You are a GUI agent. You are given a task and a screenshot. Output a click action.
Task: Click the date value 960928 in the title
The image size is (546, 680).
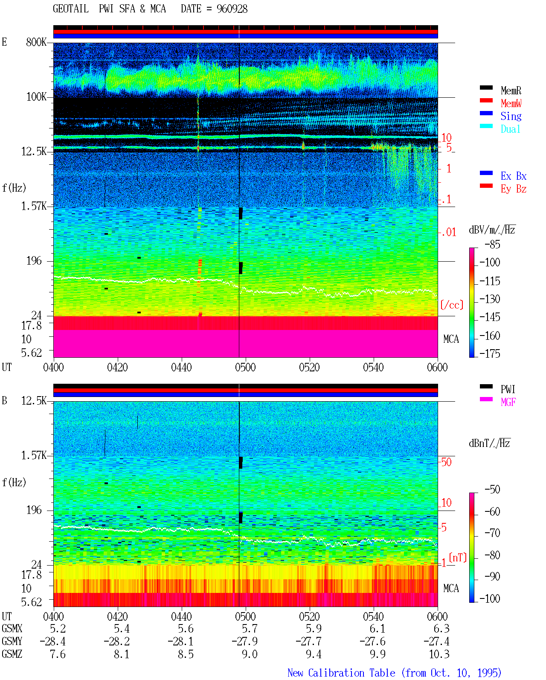pos(232,9)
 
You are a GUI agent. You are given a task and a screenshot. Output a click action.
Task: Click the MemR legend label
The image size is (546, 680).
pos(511,90)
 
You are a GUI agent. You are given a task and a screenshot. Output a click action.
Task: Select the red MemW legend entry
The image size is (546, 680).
pos(511,103)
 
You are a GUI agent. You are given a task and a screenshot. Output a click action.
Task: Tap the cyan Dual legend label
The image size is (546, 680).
pos(510,129)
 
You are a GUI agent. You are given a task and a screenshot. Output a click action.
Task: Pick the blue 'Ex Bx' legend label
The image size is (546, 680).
pos(513,176)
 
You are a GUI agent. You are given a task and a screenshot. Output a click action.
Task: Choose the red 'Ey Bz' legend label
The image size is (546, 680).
pos(513,189)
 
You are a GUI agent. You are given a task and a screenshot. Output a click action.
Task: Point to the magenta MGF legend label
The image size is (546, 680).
pos(508,402)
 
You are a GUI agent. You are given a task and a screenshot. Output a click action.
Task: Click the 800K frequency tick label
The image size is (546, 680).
pos(36,42)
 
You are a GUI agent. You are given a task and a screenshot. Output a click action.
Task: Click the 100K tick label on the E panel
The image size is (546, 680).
pos(36,97)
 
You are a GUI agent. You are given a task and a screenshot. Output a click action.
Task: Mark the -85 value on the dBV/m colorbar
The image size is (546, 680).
pos(492,244)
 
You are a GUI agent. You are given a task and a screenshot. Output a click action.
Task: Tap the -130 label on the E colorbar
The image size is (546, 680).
pos(490,299)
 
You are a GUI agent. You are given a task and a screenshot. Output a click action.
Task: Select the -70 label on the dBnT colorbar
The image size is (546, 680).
pos(492,533)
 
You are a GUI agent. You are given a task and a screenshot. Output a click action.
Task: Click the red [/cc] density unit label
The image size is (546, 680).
pos(452,305)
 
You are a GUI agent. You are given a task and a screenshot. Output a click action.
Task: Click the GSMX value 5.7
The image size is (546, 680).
pos(250,628)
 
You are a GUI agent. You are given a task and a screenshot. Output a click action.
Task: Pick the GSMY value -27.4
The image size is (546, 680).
pos(436,641)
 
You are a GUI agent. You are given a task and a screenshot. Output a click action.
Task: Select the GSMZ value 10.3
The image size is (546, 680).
pos(439,654)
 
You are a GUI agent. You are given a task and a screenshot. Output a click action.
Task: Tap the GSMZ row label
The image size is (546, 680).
pos(12,654)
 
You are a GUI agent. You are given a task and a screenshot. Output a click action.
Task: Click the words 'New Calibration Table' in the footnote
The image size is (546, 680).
pos(341,673)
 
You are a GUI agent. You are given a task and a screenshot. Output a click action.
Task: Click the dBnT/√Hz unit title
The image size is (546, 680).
pos(489,444)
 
